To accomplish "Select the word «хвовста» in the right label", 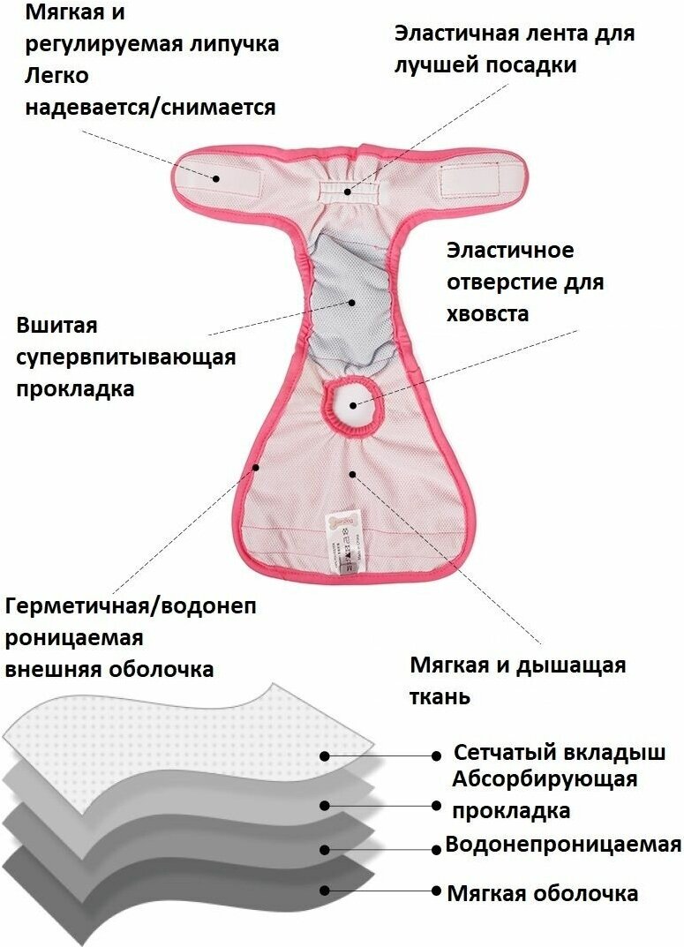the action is coord(487,314).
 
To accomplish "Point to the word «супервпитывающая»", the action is coord(126,357).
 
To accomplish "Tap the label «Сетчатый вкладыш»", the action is coord(559,753).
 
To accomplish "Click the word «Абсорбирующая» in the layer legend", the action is coord(544,779).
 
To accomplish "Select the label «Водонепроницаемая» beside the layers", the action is coord(563,844).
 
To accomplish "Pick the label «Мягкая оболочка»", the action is coord(542,892).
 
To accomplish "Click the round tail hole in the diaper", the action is coord(354,405).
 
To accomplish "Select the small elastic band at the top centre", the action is coord(348,189).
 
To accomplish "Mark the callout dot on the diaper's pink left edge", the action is coord(256,466).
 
